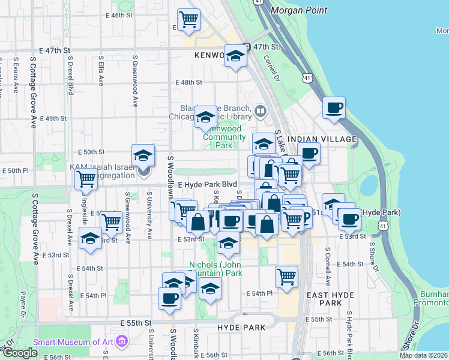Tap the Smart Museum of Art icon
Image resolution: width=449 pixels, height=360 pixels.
122,342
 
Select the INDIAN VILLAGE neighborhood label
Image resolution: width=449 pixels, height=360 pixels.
322,139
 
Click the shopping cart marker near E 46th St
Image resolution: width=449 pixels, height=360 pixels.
189,20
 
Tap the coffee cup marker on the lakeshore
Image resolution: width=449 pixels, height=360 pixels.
334,108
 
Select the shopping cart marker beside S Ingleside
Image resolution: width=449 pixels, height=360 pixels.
86,178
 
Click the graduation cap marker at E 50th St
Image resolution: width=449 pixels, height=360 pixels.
143,156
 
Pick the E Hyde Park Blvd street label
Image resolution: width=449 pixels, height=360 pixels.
207,185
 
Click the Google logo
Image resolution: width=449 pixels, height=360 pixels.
20,352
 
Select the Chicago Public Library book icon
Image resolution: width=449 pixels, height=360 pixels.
261,110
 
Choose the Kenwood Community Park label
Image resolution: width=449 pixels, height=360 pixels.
222,137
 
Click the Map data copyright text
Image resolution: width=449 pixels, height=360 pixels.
423,355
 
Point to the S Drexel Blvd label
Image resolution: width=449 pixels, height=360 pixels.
70,76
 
